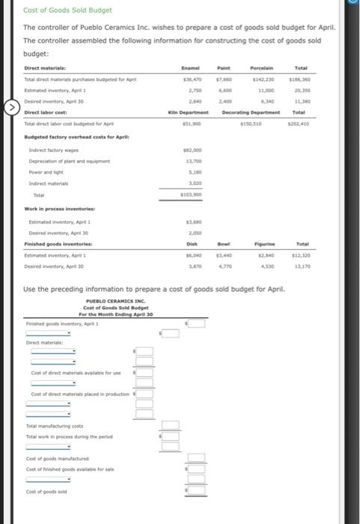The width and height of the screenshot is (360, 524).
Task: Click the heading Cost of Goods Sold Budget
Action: pos(67,10)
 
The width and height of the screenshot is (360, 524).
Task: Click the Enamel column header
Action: pos(193,67)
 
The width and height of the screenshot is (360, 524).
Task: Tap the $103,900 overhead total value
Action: pos(192,195)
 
